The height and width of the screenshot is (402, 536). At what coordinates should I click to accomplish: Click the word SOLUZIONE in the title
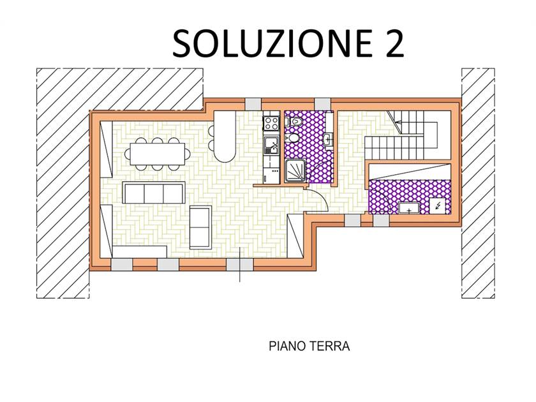coord(272,43)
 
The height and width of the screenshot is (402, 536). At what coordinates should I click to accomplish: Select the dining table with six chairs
coord(157,154)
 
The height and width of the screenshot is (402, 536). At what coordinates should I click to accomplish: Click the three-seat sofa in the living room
coord(154,193)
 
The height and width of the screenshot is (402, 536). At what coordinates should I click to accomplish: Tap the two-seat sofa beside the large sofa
coord(200,227)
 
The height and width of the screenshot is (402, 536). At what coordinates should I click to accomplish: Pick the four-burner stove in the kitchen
coord(271,123)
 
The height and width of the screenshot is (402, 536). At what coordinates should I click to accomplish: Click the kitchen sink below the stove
coord(271,145)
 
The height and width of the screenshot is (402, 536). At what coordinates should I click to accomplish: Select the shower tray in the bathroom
coord(295,170)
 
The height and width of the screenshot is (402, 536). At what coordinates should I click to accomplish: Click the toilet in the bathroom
coord(293,121)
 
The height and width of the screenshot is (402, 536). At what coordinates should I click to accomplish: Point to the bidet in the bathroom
coord(292,138)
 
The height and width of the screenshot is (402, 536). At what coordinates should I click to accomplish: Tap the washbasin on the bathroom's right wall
coord(328,140)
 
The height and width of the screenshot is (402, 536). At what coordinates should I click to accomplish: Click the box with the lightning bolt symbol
coord(438,205)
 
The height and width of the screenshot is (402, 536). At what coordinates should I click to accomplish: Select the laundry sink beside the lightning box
coord(409,208)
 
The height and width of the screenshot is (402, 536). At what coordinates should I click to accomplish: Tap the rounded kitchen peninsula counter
coord(225,137)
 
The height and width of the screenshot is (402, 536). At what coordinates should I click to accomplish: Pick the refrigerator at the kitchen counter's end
coord(271,175)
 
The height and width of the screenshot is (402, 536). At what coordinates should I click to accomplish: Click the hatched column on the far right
coord(478,183)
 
